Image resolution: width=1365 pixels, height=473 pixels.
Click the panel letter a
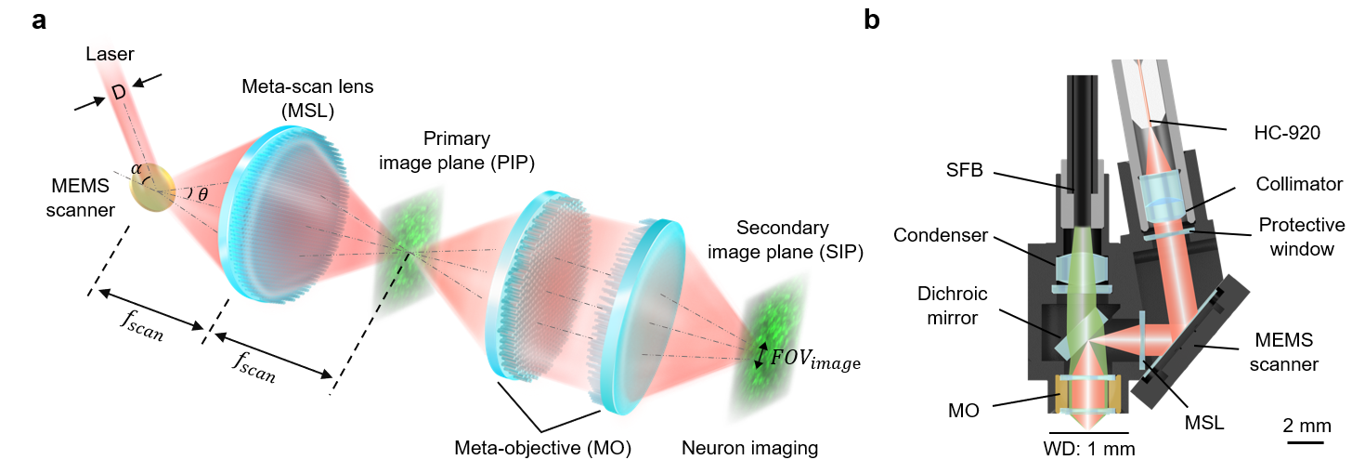coord(39,20)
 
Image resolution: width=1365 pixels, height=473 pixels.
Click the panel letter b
coord(872,20)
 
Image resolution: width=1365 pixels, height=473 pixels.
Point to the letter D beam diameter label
coord(119,92)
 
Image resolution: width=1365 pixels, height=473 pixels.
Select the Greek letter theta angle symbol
coord(202,195)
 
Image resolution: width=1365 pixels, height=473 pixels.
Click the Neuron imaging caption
coord(750,449)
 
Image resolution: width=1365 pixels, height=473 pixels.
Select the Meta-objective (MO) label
coord(543,449)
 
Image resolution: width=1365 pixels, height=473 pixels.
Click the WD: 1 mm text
coord(1089,449)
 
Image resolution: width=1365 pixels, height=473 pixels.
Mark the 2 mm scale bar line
coord(1305,442)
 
